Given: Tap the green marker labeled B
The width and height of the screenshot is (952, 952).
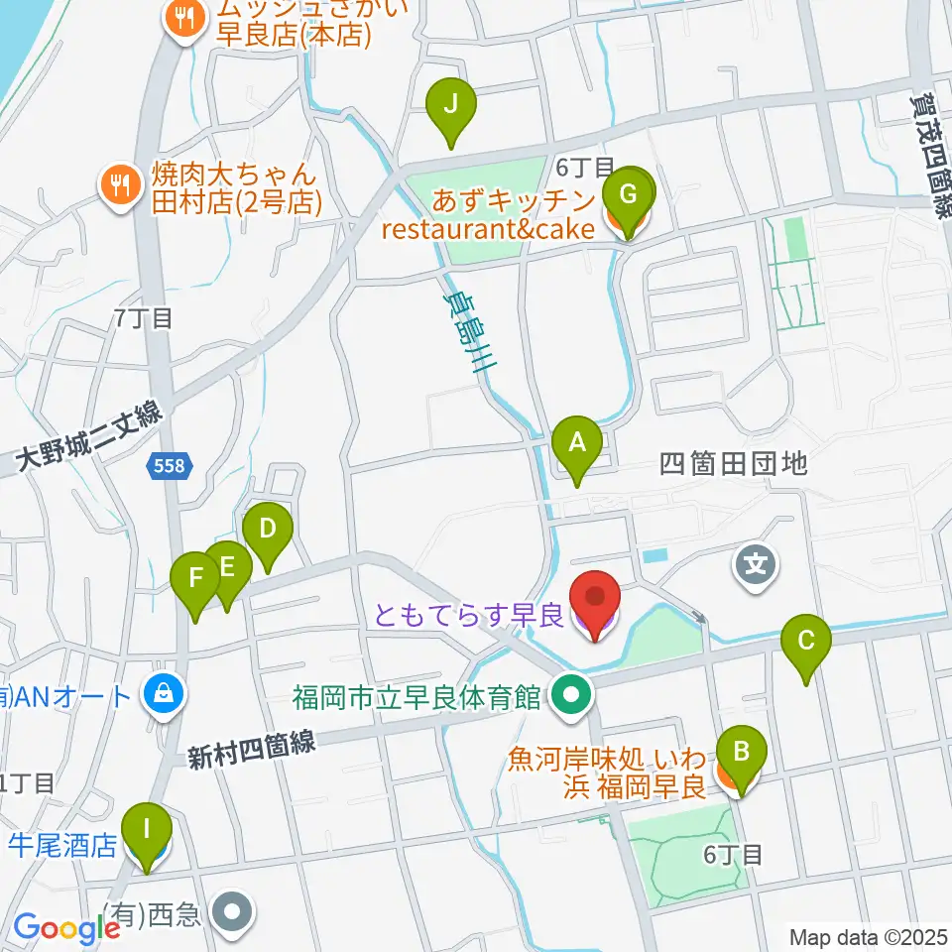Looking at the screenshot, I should pos(742,754).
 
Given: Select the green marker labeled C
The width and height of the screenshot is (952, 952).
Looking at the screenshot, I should pos(806,642).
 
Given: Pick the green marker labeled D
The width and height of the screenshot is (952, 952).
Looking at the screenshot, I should pos(267,531).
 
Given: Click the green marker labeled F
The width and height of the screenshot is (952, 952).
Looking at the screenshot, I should pos(195,579).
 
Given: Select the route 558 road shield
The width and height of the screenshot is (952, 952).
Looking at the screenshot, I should pos(168,465).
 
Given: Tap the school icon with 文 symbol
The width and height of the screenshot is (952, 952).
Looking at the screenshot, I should pos(756,567).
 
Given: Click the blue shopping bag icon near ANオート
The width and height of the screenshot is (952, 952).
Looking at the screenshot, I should pos(161,694).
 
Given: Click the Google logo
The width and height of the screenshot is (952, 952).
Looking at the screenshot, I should pos(65,928).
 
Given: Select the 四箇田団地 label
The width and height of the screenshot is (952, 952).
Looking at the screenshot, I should pos(734,463).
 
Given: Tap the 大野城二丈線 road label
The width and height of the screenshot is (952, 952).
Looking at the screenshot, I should pos(89,436).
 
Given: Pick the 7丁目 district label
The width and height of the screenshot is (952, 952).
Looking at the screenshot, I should pos(144,318).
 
